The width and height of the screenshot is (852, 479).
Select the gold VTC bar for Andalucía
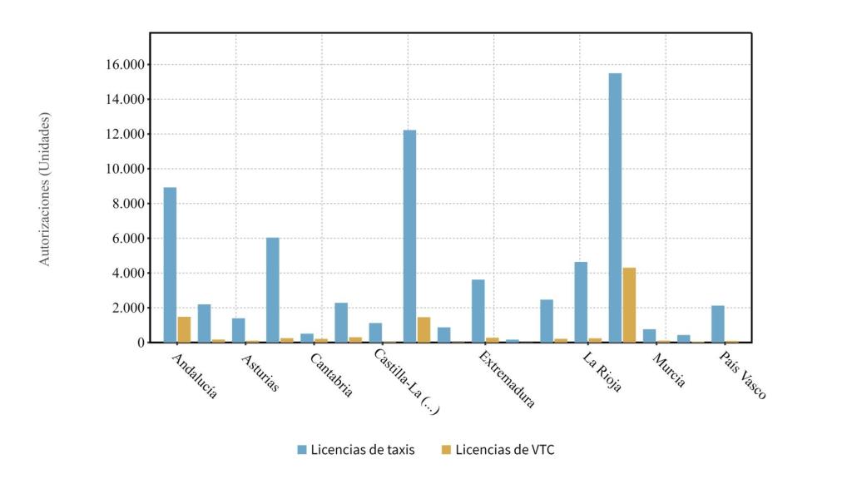[x=184, y=329]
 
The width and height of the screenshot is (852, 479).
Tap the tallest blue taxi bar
[x=615, y=208]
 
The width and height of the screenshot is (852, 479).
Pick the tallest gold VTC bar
[x=629, y=304]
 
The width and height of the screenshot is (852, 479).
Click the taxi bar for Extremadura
[x=478, y=311]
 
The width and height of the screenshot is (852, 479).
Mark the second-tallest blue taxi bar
[x=409, y=236]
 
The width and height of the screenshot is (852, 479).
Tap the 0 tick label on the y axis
[x=140, y=343]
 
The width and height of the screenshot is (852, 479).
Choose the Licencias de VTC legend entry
[x=498, y=450]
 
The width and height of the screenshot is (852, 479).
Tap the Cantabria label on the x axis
[x=331, y=375]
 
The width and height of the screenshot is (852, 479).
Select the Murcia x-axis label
[x=669, y=371]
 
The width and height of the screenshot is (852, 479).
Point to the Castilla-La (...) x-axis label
[x=406, y=382]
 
